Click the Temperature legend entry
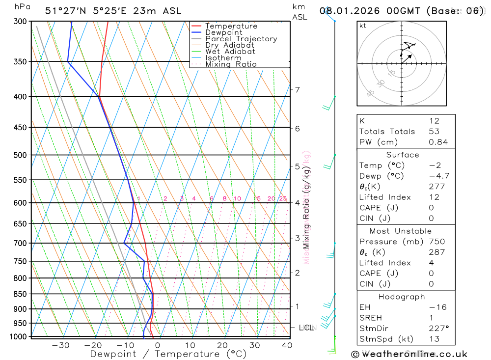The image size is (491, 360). [231, 26]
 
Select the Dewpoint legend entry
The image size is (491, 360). [223, 32]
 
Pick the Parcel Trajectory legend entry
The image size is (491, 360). [241, 39]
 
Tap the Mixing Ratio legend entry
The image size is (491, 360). [230, 64]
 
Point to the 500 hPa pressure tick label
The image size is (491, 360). [21, 155]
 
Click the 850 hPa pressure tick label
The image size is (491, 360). [21, 294]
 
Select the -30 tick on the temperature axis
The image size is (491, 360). [60, 345]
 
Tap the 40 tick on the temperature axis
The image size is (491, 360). [287, 345]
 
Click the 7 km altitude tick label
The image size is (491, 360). [297, 89]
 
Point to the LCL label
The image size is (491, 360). [306, 327]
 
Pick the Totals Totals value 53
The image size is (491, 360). [434, 131]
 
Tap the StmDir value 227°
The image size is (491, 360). [438, 328]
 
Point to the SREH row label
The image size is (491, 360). [370, 318]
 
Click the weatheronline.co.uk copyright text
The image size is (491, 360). [409, 354]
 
